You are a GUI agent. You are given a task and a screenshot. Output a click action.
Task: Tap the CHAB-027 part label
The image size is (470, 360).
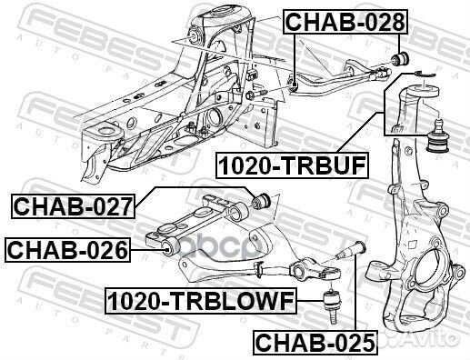(x=73, y=207)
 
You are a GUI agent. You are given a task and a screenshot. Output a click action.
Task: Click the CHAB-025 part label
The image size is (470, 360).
(x=313, y=343)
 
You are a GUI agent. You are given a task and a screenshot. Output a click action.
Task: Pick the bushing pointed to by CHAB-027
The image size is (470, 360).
(x=261, y=199)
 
